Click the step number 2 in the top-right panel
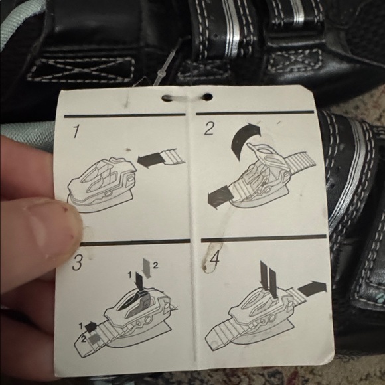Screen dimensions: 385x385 pos(209,129)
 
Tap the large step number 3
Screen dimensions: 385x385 pos(78,262)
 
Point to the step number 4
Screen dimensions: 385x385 pos(214,259)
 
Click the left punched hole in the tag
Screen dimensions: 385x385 pos(167,98)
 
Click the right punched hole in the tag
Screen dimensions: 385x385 pos(208,96)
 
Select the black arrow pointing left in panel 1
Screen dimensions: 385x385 pos(149,160)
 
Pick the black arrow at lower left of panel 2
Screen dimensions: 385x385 pos(218,196)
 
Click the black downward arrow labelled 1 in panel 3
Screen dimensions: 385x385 pos(139,283)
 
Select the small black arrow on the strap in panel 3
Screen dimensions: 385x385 pos(90,326)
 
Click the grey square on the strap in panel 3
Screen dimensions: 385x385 pos(94,339)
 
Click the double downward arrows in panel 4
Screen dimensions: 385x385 pos(269,279)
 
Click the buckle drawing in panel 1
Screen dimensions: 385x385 pos(101,183)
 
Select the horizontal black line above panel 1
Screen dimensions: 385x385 pos(125,116)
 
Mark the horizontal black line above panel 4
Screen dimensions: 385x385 pos(264,238)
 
